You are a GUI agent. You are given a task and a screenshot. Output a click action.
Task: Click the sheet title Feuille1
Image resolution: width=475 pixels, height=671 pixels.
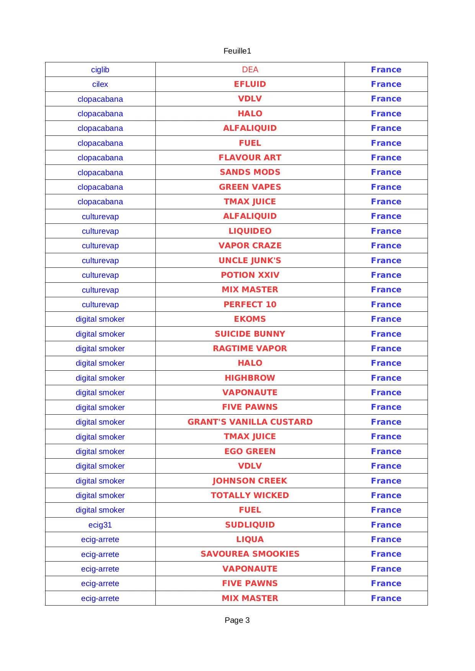(237, 51)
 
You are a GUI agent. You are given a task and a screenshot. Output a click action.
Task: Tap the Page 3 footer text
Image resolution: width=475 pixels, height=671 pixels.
(237, 620)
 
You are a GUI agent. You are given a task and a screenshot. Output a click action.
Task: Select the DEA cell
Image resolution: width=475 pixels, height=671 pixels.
(250, 70)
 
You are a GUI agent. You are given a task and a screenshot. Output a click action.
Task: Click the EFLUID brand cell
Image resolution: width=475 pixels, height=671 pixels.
(250, 84)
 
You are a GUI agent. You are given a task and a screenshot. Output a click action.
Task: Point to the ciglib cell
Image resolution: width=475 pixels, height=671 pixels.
(100, 70)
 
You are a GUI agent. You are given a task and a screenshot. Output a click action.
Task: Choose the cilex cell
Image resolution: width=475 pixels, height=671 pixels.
(100, 84)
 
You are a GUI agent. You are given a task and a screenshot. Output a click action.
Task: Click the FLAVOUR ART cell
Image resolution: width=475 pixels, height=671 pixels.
(250, 158)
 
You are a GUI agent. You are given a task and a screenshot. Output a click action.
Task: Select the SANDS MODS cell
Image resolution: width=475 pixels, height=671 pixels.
(250, 172)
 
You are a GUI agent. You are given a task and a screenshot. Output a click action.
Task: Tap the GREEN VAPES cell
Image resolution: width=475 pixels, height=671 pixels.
(250, 187)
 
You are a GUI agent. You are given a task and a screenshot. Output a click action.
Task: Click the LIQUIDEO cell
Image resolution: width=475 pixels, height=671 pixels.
(250, 231)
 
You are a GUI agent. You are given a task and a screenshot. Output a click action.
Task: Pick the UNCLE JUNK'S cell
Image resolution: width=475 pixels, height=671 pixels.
(250, 261)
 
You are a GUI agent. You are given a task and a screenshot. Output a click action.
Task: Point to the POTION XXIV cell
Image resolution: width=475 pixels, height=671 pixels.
(250, 275)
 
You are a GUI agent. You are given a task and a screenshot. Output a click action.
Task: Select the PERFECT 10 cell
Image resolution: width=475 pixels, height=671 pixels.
(250, 305)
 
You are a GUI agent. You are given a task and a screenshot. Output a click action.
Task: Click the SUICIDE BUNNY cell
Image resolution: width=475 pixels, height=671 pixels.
(250, 334)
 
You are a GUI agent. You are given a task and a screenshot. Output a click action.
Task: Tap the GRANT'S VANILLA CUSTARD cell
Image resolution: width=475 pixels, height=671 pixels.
(250, 422)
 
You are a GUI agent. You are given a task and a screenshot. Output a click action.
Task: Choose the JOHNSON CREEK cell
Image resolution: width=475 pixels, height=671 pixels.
(250, 481)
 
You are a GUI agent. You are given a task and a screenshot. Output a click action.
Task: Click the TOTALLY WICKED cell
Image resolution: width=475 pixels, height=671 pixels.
(250, 495)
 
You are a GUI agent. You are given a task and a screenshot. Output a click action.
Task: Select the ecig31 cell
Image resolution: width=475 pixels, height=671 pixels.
(100, 525)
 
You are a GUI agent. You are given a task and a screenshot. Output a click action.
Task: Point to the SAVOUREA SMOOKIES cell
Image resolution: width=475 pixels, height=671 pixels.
(250, 554)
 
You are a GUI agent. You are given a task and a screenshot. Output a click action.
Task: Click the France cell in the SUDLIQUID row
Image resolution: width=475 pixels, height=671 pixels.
(386, 525)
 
